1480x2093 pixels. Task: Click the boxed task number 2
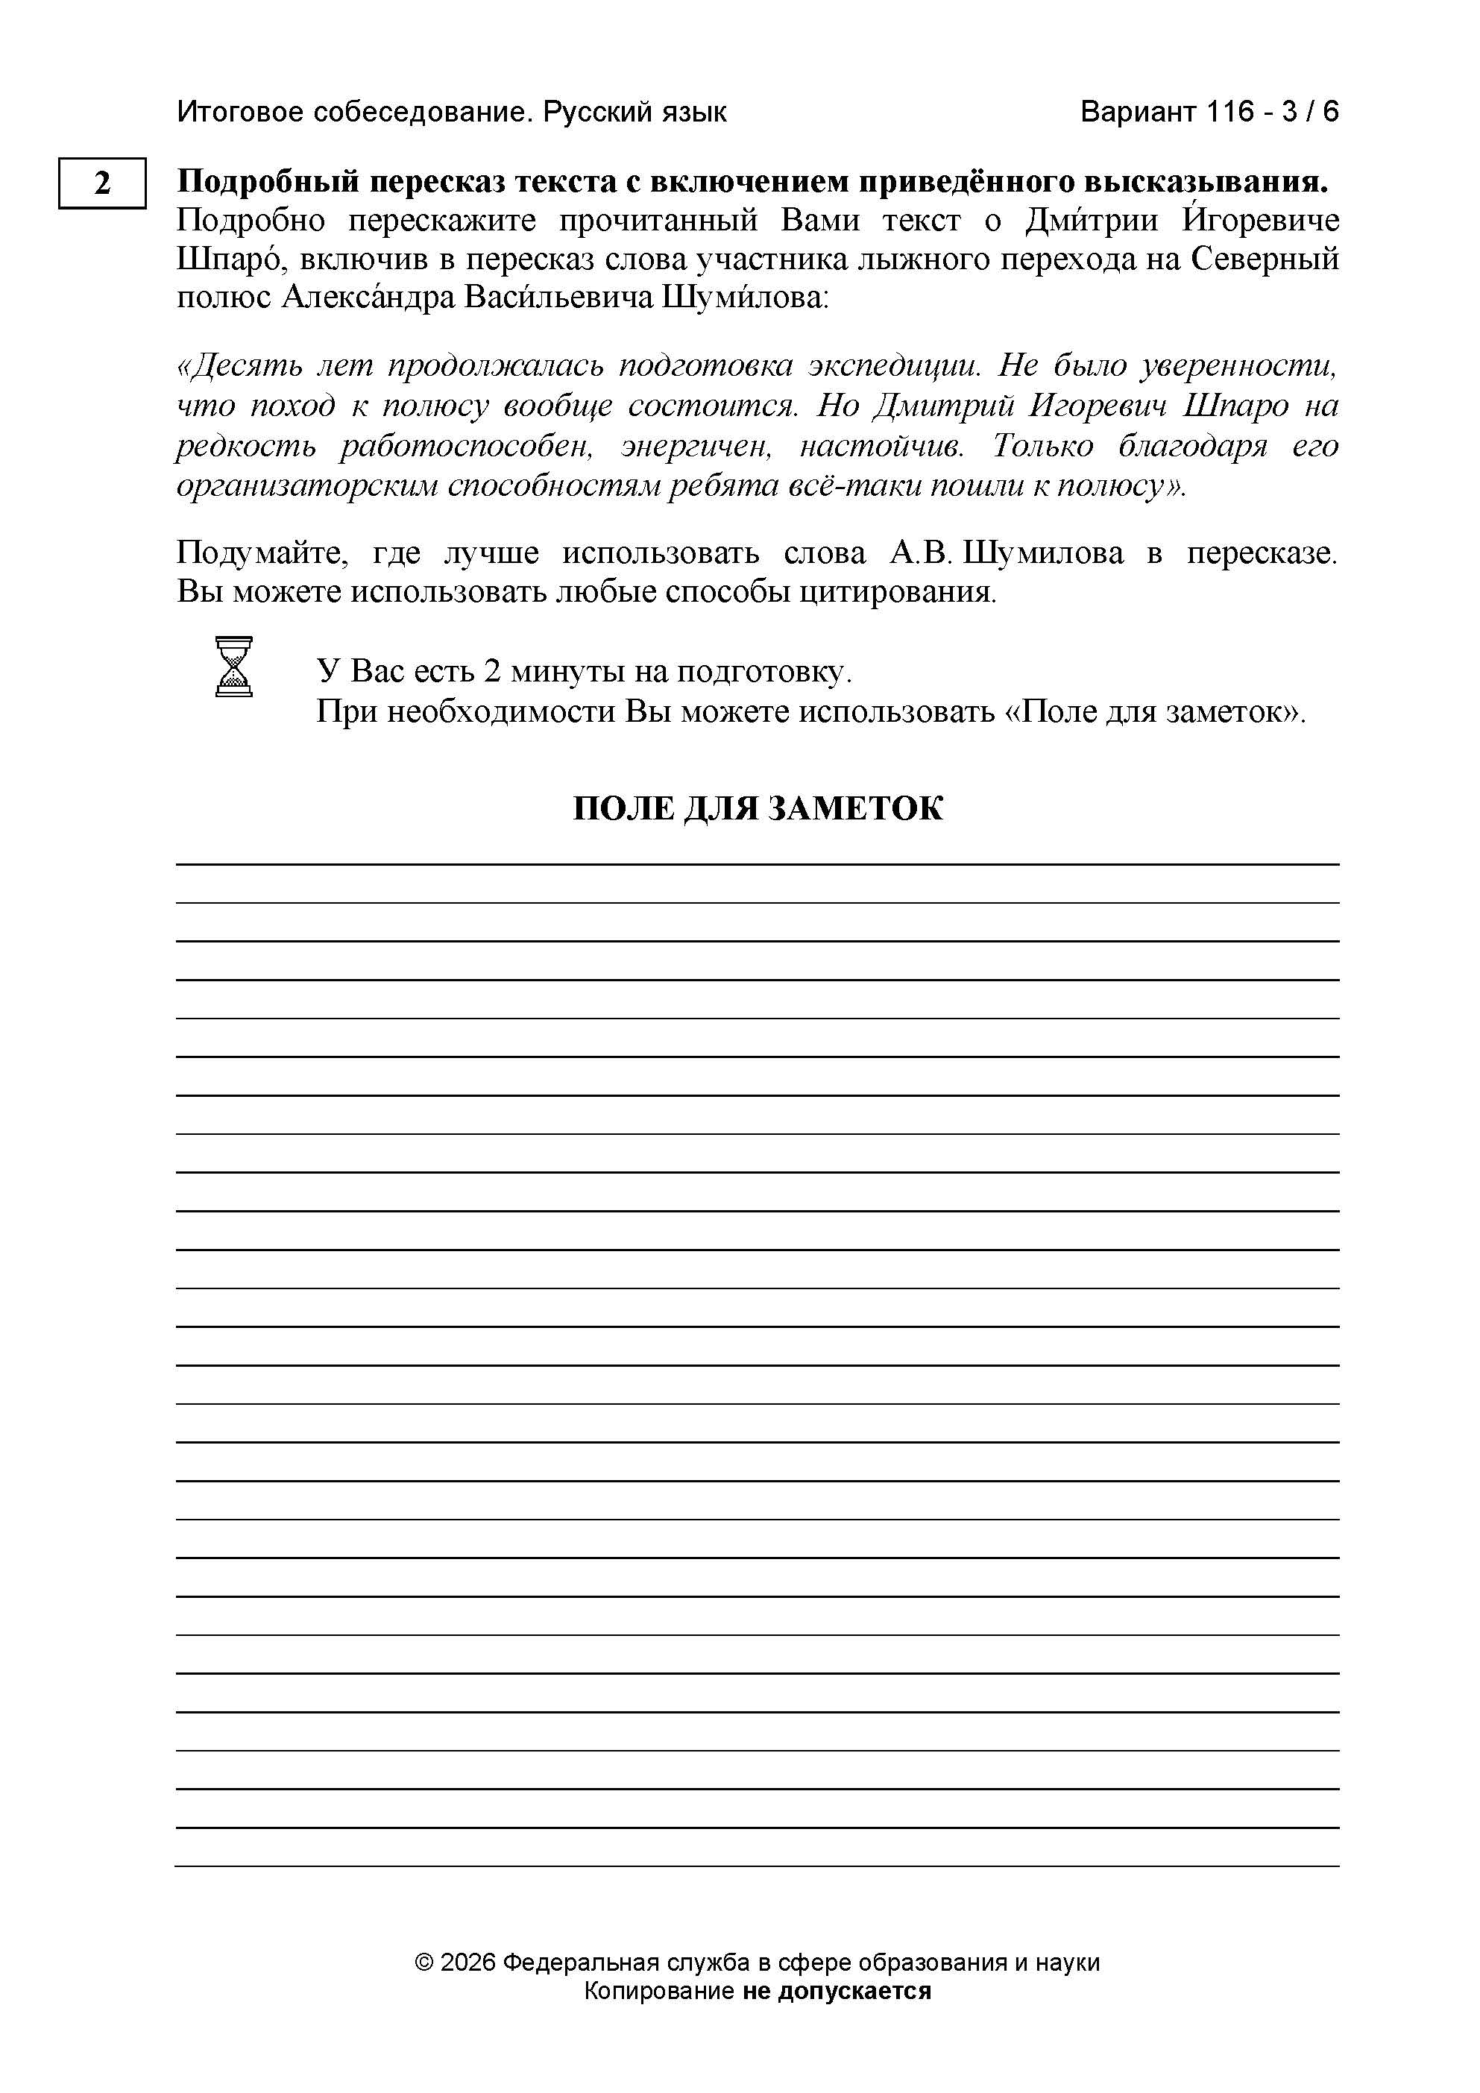102,183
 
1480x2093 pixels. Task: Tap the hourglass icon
233,667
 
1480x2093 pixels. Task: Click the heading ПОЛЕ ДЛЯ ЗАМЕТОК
758,808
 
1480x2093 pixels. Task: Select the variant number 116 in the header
1230,112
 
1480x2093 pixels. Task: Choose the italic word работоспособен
467,446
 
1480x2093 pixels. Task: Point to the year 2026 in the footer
467,1962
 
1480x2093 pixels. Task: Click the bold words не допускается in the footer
837,1990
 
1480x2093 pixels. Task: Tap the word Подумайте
262,553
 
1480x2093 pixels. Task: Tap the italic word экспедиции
893,365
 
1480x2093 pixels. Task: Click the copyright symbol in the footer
423,1962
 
